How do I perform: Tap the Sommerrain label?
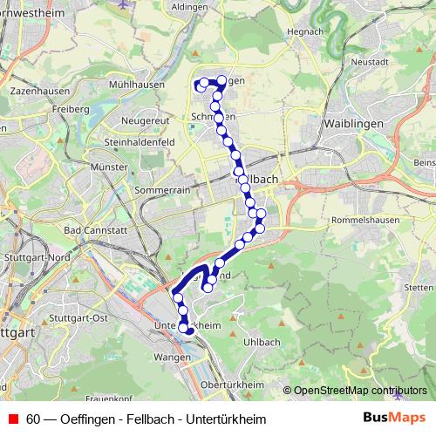coord(163,189)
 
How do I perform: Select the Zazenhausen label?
coord(34,90)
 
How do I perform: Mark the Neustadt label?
coord(368,63)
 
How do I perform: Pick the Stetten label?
coord(419,287)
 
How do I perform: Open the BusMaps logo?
coord(394,419)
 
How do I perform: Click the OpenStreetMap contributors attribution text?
coord(360,391)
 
